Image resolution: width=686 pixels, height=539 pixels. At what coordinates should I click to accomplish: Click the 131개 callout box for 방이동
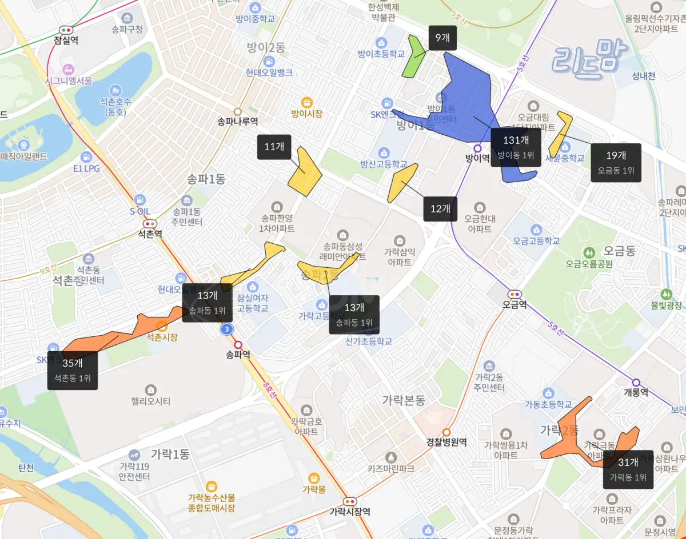point(516,147)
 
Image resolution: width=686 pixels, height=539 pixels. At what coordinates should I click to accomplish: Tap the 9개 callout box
point(442,38)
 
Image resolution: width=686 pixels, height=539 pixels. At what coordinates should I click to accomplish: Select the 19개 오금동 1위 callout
point(616,162)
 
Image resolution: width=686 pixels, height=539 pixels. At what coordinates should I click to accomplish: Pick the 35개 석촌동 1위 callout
point(73,370)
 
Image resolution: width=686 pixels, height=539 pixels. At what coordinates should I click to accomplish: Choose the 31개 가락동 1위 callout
point(628,469)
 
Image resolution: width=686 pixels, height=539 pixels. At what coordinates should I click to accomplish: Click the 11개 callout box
point(274,147)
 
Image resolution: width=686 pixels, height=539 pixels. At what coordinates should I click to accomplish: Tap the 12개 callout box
point(440,209)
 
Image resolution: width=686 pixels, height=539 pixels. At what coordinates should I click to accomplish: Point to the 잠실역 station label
point(66,40)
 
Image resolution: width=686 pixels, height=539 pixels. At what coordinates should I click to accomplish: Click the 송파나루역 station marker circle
point(237,111)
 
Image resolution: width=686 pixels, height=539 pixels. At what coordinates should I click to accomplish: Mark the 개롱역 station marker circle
point(636,382)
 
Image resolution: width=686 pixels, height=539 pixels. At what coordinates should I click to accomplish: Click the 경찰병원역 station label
point(446,442)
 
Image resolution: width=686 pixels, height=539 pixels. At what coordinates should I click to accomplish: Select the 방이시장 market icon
point(307,102)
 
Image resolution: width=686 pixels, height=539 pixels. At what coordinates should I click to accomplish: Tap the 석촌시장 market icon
point(162,326)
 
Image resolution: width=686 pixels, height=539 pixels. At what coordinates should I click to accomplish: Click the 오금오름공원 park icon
point(589,252)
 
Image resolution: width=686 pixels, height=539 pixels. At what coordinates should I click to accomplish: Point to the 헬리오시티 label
point(150,401)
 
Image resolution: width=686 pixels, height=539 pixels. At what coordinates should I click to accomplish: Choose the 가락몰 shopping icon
point(313,478)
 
